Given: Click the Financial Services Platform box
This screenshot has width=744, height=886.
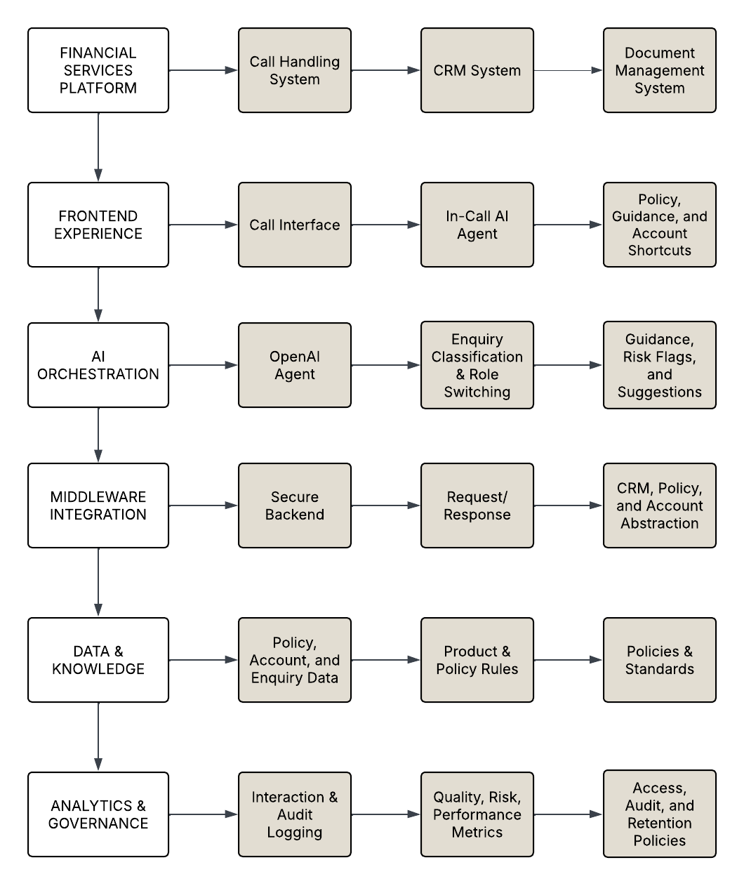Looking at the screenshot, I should click(98, 70).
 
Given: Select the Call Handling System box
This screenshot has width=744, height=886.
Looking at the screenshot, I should click(295, 70).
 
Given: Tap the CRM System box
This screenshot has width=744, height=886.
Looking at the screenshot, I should click(477, 70).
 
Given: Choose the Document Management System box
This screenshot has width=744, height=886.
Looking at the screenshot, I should click(660, 70).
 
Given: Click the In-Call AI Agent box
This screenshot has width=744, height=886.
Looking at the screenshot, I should click(477, 225).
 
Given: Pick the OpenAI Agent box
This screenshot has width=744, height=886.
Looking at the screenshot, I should click(295, 365).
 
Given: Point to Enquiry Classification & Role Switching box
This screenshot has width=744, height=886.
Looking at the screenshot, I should click(477, 365).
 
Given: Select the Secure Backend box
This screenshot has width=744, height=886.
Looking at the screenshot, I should click(295, 505).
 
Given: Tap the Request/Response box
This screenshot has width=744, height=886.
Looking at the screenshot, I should click(477, 505).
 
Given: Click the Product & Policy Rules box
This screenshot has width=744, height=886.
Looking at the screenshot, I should click(477, 660).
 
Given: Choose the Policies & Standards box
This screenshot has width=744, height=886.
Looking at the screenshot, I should click(660, 660).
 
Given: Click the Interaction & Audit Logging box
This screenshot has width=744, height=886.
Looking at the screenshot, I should click(295, 814).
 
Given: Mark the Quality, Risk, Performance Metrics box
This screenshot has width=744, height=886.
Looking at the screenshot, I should click(477, 814).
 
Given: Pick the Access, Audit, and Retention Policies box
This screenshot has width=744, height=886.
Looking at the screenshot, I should click(660, 814).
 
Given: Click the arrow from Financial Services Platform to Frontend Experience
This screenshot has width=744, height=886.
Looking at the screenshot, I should click(98, 147).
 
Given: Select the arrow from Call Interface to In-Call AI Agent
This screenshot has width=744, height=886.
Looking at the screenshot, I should click(386, 225).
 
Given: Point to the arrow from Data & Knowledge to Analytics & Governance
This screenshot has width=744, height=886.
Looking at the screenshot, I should click(98, 737).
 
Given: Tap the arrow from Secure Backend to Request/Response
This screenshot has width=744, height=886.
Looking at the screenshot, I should click(386, 505).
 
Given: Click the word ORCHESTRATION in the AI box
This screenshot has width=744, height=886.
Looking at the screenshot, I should click(98, 374).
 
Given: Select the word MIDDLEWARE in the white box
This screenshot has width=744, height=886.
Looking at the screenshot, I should click(98, 497).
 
